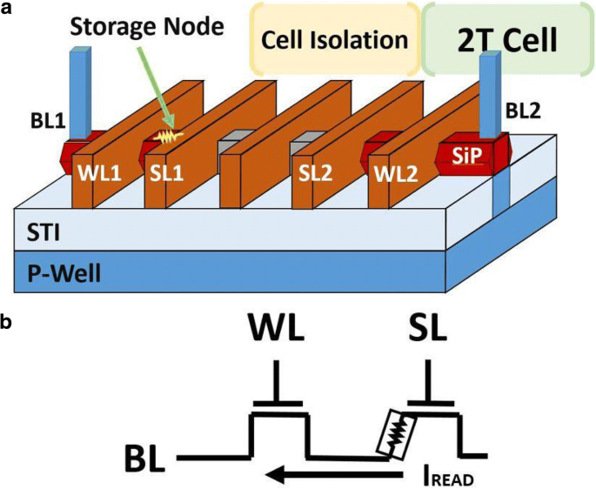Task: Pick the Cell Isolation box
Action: [x=335, y=39]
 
